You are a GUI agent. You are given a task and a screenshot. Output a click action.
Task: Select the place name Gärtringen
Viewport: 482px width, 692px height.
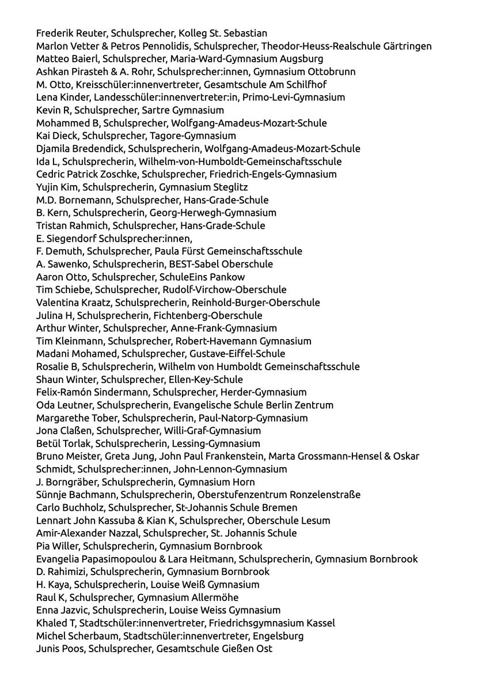[404, 46]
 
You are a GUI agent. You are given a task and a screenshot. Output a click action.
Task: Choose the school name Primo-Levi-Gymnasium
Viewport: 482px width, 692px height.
[294, 97]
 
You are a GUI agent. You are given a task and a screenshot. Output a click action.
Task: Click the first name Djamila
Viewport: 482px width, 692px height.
[54, 148]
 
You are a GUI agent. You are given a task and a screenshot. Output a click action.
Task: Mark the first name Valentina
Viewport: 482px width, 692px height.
[58, 302]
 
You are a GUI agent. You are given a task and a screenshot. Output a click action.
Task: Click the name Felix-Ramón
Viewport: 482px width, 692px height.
[63, 392]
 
